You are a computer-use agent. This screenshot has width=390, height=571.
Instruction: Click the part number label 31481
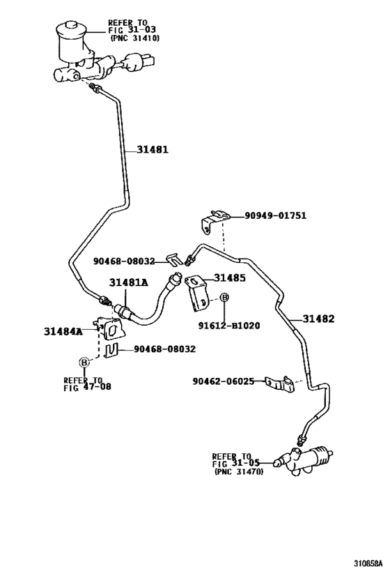coord(153,149)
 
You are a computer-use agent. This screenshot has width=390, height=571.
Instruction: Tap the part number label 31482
coord(318,319)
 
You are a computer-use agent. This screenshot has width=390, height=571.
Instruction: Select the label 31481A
coord(129,282)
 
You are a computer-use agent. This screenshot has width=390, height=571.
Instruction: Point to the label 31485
coord(230,278)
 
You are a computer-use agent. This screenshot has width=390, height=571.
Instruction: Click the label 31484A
coord(63,331)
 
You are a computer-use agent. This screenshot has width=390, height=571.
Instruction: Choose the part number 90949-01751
coord(275,215)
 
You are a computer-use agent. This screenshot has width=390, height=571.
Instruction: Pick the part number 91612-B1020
coord(229,325)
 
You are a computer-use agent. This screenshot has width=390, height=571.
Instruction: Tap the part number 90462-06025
coord(224,381)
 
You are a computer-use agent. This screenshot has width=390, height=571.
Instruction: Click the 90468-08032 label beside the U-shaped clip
coord(165,349)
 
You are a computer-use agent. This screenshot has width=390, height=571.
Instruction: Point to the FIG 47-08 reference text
coord(87,387)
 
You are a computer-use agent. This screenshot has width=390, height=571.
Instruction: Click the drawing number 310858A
coord(368,564)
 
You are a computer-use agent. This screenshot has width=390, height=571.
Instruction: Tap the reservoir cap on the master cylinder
coord(72,27)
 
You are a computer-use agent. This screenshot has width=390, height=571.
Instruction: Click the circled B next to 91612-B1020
coord(225,298)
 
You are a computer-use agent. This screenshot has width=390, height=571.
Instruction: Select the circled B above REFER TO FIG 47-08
coord(84,363)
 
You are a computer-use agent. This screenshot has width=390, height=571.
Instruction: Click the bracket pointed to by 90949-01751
coord(214,221)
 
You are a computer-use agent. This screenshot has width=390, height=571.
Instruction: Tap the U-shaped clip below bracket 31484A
coord(111,350)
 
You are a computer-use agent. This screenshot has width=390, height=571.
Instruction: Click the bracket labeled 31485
coord(197,293)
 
